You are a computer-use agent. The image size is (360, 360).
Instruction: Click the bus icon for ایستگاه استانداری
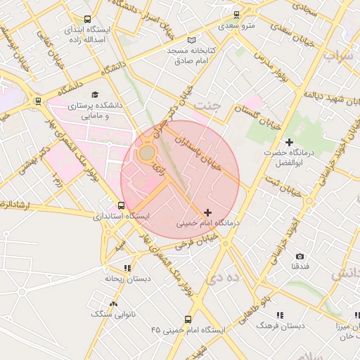122,206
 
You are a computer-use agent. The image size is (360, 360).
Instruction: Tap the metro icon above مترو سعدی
236,14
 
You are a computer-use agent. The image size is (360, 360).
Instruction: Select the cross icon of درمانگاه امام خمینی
207,212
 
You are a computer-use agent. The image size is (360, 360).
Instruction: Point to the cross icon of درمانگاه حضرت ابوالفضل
288,143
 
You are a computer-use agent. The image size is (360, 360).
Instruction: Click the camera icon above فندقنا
300,257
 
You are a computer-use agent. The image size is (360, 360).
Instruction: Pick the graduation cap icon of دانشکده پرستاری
95,94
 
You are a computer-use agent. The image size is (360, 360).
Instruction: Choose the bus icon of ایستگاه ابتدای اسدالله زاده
86,20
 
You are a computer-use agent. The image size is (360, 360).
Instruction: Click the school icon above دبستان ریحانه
127,268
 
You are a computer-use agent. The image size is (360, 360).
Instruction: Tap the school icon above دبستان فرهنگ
280,316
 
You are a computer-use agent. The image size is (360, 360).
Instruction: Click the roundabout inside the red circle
146,153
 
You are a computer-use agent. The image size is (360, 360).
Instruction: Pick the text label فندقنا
300,268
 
